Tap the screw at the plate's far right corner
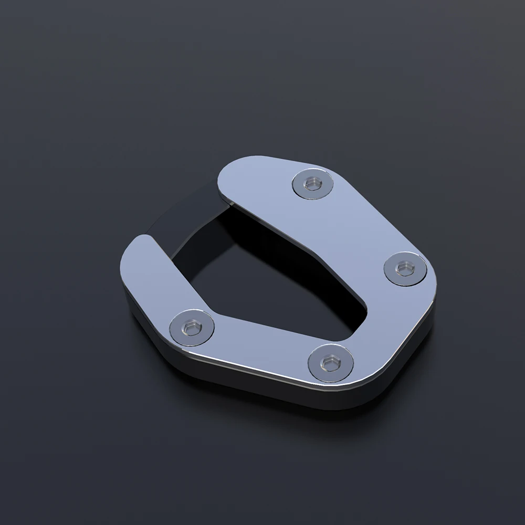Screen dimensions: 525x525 403,269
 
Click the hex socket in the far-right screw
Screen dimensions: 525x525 403,269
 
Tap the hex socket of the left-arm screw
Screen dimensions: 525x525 191,329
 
